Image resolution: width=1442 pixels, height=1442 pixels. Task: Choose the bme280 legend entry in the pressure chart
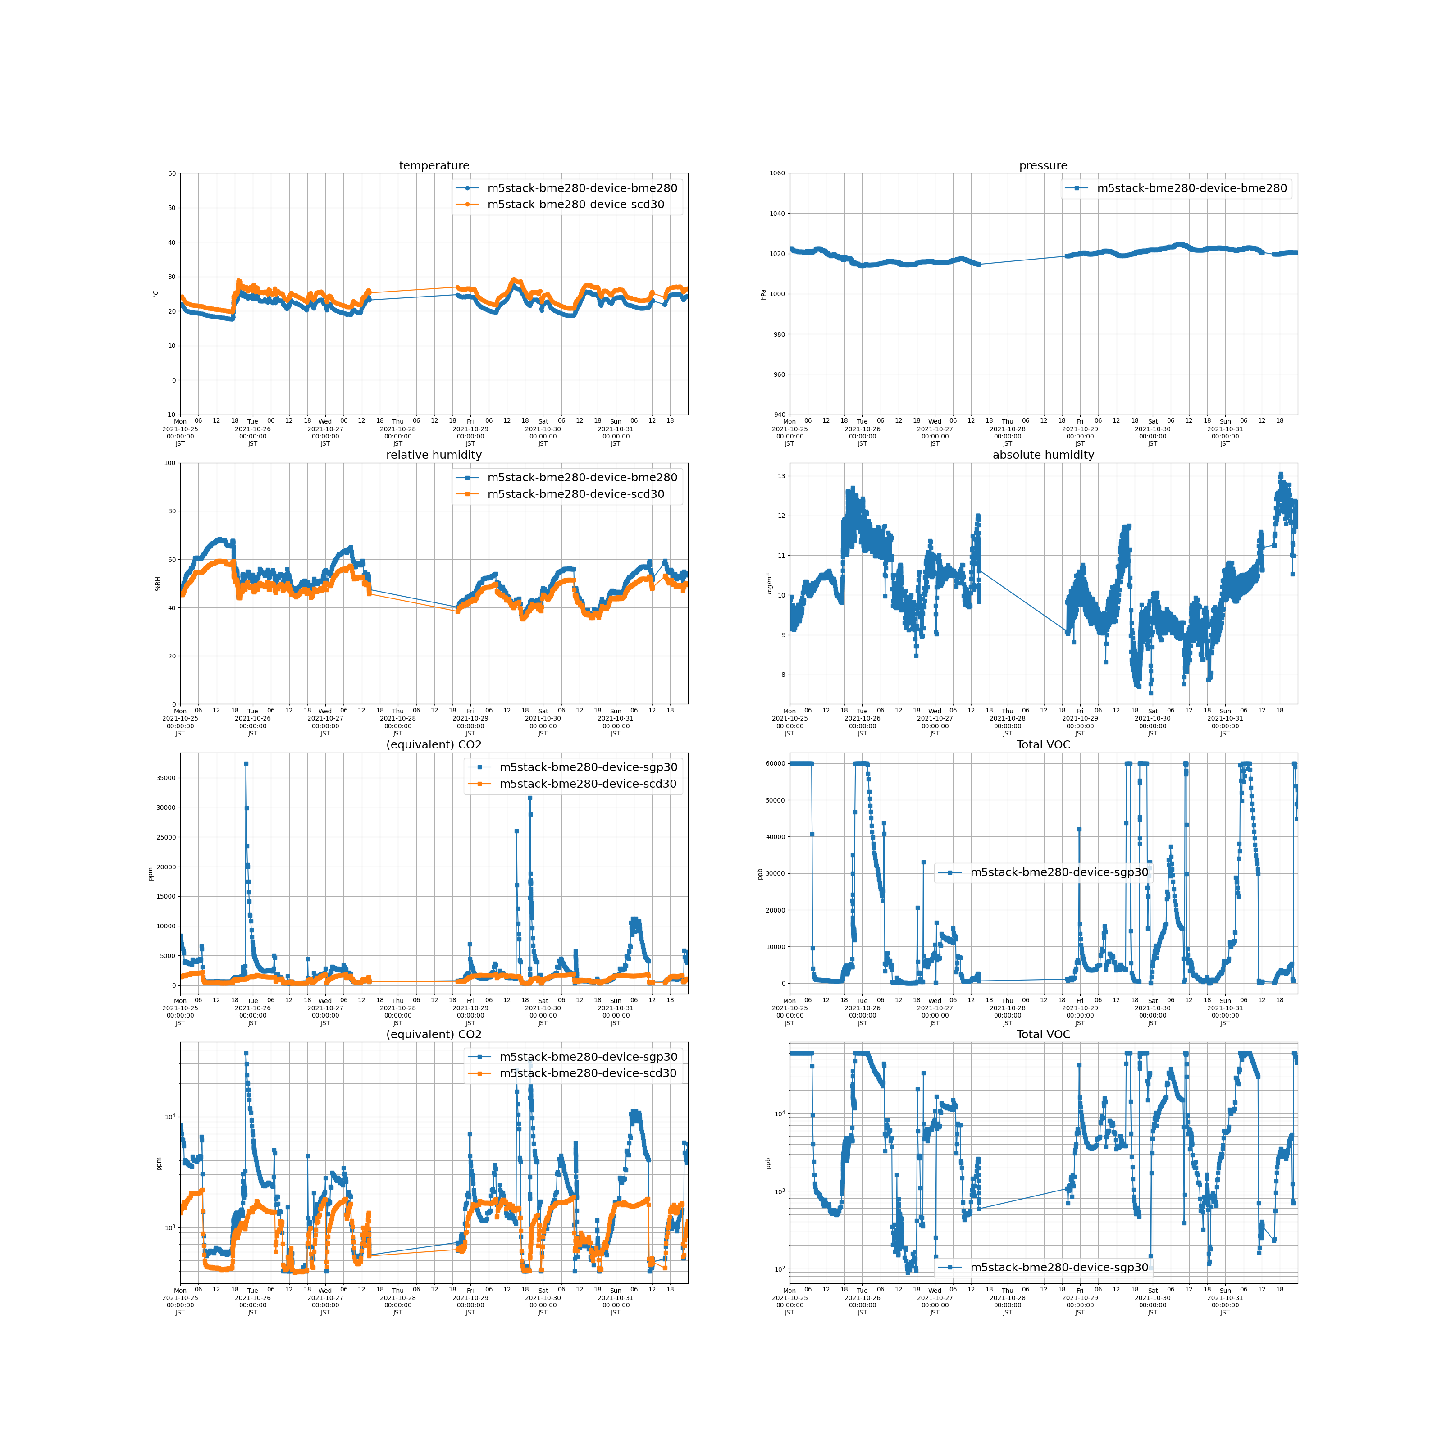pos(1191,188)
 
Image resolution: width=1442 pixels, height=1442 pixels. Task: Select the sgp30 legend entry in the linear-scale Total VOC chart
pos(1059,872)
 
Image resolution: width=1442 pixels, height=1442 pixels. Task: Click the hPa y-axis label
pos(763,294)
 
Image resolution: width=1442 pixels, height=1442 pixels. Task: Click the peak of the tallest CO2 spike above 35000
pos(246,763)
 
